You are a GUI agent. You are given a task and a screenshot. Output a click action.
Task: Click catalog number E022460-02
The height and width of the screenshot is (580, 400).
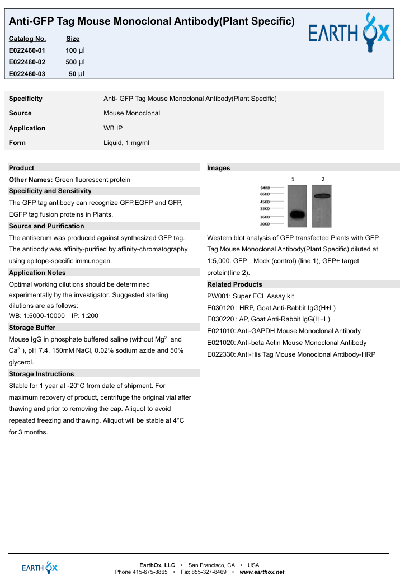[x=27, y=62]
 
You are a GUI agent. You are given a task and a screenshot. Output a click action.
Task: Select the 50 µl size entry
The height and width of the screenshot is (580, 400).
[x=77, y=73]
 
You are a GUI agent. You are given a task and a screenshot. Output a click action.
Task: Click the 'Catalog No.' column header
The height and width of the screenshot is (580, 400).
[x=27, y=39]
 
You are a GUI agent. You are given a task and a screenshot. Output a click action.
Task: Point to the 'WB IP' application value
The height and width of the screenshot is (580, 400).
[x=113, y=128]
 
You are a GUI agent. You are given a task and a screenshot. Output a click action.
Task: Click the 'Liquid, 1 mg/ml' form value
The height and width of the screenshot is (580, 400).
[x=126, y=143]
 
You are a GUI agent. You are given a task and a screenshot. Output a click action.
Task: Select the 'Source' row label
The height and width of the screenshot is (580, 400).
[x=20, y=113]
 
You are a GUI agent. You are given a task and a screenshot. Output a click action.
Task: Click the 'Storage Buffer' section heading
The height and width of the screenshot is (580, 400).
[x=32, y=327]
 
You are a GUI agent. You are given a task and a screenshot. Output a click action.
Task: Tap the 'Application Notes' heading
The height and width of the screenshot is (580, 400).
[x=37, y=273]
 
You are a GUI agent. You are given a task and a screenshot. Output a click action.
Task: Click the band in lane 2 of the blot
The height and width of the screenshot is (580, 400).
[x=323, y=196]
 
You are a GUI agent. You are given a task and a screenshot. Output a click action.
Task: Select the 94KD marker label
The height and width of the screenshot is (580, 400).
[x=265, y=188]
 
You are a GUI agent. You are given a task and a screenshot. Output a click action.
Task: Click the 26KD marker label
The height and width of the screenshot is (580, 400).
[x=265, y=217]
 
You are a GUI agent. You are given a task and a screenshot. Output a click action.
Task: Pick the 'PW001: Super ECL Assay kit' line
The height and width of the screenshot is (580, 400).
[x=251, y=296]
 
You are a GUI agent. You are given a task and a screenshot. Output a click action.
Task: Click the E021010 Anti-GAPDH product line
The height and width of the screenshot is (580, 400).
[x=284, y=331]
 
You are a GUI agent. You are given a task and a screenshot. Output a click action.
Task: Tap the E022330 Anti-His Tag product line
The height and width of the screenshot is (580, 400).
[x=291, y=354]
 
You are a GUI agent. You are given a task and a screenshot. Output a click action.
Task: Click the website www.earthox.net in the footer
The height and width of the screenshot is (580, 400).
[x=262, y=572]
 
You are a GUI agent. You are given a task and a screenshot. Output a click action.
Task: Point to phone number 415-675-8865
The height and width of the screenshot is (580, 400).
[x=150, y=572]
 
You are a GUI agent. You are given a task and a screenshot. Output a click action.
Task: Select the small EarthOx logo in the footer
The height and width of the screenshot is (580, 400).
[x=39, y=567]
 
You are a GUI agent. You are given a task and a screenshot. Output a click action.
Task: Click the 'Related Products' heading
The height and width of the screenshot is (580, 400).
[x=234, y=284]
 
